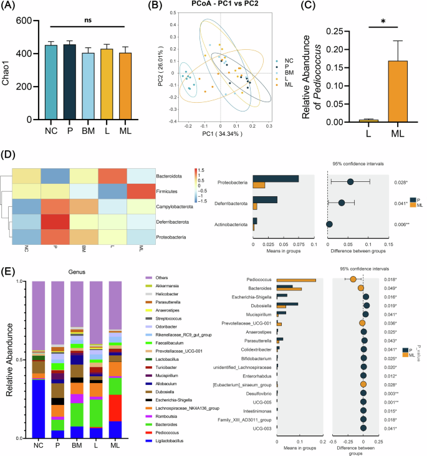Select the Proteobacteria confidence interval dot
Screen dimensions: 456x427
tap(350, 181)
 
